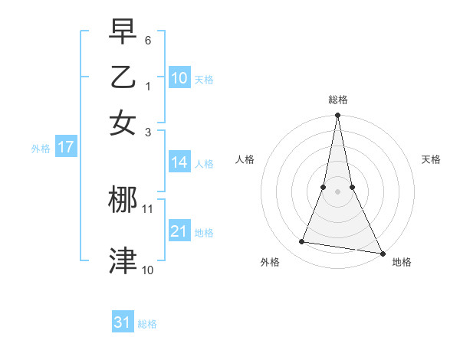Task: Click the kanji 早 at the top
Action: [x=123, y=32]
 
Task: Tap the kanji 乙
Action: [x=123, y=77]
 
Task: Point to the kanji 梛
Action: [x=123, y=201]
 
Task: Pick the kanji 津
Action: [x=123, y=260]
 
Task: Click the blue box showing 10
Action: [x=179, y=77]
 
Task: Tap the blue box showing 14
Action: [x=179, y=162]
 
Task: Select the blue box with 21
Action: [x=179, y=231]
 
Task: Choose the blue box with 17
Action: [x=65, y=147]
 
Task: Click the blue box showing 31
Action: [x=123, y=322]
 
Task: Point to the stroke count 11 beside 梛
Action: [x=148, y=208]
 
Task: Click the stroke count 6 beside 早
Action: [x=148, y=39]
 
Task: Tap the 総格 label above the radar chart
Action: [x=338, y=100]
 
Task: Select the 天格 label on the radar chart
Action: [x=432, y=159]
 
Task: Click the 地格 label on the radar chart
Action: [x=402, y=262]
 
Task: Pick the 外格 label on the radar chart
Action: [x=270, y=262]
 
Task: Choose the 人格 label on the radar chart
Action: [x=245, y=159]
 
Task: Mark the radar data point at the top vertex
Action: [x=337, y=116]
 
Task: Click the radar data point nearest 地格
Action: [x=382, y=253]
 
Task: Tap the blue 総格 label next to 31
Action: [x=147, y=324]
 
